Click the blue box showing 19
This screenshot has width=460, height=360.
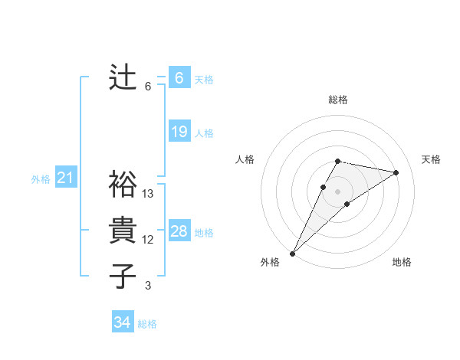[179, 132]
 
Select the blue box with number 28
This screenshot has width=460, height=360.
[179, 231]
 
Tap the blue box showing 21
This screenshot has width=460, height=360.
[66, 178]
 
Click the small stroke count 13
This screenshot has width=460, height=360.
[148, 194]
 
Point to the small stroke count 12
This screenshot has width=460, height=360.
[148, 240]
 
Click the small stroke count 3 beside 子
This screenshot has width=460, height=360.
[148, 286]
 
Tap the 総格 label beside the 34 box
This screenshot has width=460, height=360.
[147, 324]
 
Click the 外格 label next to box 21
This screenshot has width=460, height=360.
[41, 179]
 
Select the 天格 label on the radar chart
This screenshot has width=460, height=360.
[431, 159]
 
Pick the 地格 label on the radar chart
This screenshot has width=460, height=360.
[402, 262]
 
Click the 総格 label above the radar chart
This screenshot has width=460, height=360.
[338, 100]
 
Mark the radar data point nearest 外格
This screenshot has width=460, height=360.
[293, 253]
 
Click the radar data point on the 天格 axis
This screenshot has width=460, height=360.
[396, 172]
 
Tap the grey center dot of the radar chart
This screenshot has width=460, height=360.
[338, 191]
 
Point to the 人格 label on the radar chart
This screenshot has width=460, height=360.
[245, 159]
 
